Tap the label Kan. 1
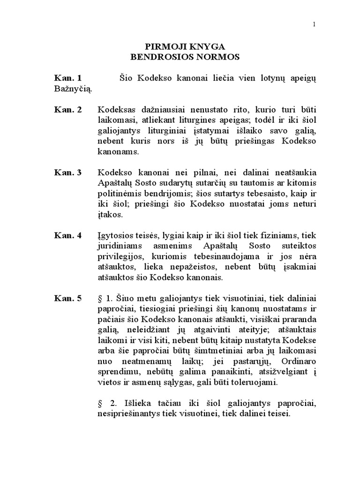click(x=68, y=78)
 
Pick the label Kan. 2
click(x=68, y=110)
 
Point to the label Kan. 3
click(x=68, y=172)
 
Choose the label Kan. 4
click(x=68, y=235)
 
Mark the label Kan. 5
click(x=68, y=298)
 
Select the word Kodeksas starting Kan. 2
click(x=116, y=110)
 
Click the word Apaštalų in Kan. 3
click(x=114, y=183)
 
